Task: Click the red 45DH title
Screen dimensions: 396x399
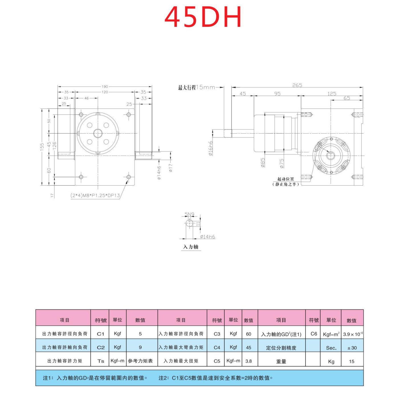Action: point(203,17)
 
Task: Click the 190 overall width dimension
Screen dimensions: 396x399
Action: point(105,87)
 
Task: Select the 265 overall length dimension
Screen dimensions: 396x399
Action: point(297,85)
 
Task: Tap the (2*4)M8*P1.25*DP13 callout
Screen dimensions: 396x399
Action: point(95,196)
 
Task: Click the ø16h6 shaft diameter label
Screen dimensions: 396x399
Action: point(211,148)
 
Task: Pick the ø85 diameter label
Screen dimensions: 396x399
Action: point(262,163)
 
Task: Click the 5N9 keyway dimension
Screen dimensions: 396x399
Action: point(189,214)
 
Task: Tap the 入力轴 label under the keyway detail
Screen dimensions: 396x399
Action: point(191,247)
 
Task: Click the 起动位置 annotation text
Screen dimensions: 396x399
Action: point(286,179)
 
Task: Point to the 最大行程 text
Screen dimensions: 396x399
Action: point(187,88)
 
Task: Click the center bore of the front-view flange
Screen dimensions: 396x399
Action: point(98,133)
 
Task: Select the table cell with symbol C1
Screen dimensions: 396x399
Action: point(101,334)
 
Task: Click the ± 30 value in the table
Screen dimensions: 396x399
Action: point(352,348)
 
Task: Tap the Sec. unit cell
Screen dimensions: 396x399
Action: point(331,348)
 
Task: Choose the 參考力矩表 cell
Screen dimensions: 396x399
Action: point(140,361)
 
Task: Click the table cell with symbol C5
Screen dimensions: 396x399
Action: point(217,361)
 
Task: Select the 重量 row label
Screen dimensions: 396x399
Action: point(281,361)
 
